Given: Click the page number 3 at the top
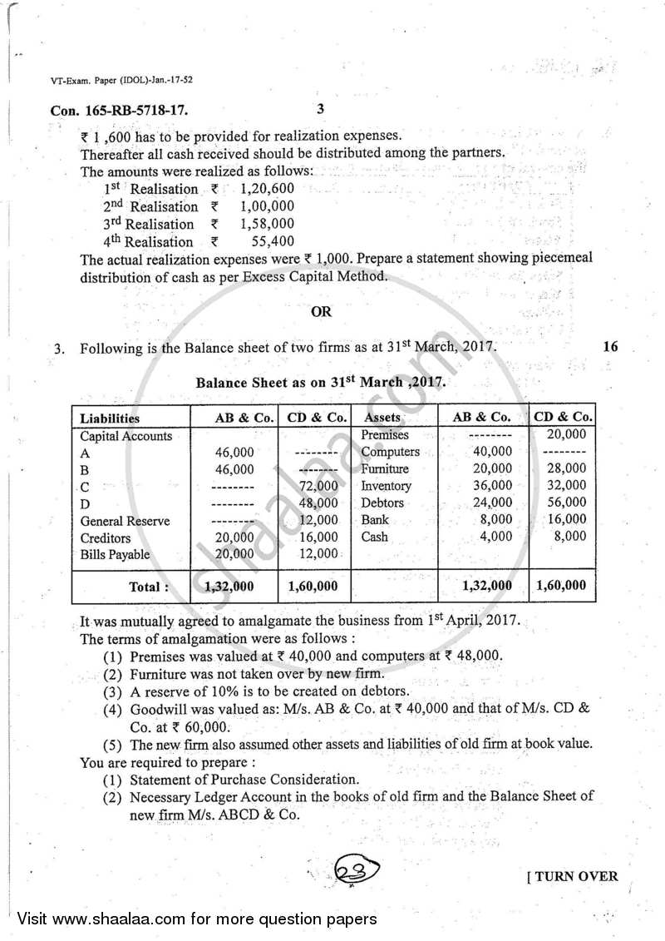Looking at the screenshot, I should (x=321, y=108).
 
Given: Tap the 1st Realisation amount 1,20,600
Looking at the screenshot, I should (x=266, y=189).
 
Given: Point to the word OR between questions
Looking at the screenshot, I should (x=321, y=312).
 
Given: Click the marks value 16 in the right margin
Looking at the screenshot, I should (x=610, y=347).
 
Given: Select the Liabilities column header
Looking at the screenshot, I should (x=110, y=418).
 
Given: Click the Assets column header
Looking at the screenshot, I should (x=382, y=418).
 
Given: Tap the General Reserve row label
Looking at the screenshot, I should (x=125, y=521).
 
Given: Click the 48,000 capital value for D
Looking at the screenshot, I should (x=318, y=503).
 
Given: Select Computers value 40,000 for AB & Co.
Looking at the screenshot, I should (x=496, y=452).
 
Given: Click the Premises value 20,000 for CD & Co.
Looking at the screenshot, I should (x=568, y=434).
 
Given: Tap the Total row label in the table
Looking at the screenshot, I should (x=149, y=587).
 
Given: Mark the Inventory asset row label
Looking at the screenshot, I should (x=386, y=486).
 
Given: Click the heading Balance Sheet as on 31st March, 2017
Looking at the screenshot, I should (x=321, y=384).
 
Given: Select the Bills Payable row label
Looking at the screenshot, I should (x=115, y=554).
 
